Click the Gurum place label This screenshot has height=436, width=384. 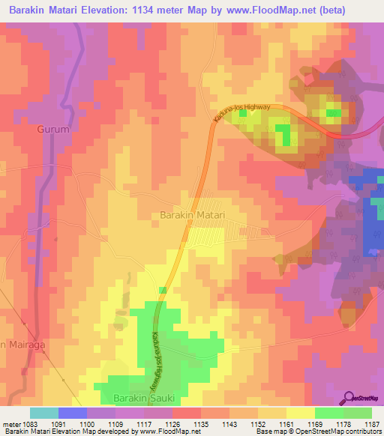pos(52,129)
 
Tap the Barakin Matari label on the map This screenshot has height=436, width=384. pos(193,215)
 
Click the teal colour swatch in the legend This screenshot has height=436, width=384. pos(43,413)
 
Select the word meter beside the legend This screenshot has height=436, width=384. pos(10,423)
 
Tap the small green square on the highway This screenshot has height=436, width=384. pos(162,290)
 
